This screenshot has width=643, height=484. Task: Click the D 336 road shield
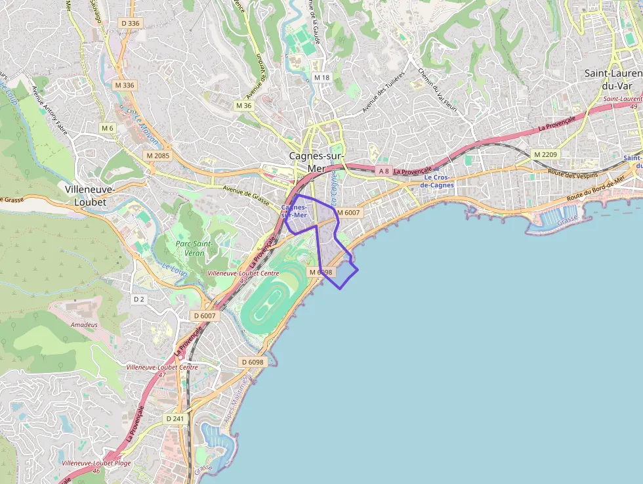click(x=131, y=23)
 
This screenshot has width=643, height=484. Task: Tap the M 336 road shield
click(x=124, y=85)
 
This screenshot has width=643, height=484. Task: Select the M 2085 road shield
click(x=158, y=156)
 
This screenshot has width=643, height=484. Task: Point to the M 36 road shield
click(x=243, y=106)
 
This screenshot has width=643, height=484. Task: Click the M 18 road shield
click(x=321, y=77)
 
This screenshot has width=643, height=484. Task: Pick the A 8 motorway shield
click(x=384, y=171)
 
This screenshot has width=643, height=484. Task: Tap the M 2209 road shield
click(x=545, y=154)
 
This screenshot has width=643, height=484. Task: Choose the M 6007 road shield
click(x=348, y=212)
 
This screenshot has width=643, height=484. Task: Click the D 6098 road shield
click(x=252, y=362)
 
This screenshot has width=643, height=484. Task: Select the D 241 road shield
click(x=175, y=418)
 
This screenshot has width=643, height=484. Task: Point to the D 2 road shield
click(x=138, y=299)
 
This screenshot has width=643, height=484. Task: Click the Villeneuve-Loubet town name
click(x=91, y=195)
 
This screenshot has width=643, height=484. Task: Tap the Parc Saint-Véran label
click(x=194, y=248)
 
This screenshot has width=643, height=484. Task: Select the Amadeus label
click(x=84, y=324)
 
